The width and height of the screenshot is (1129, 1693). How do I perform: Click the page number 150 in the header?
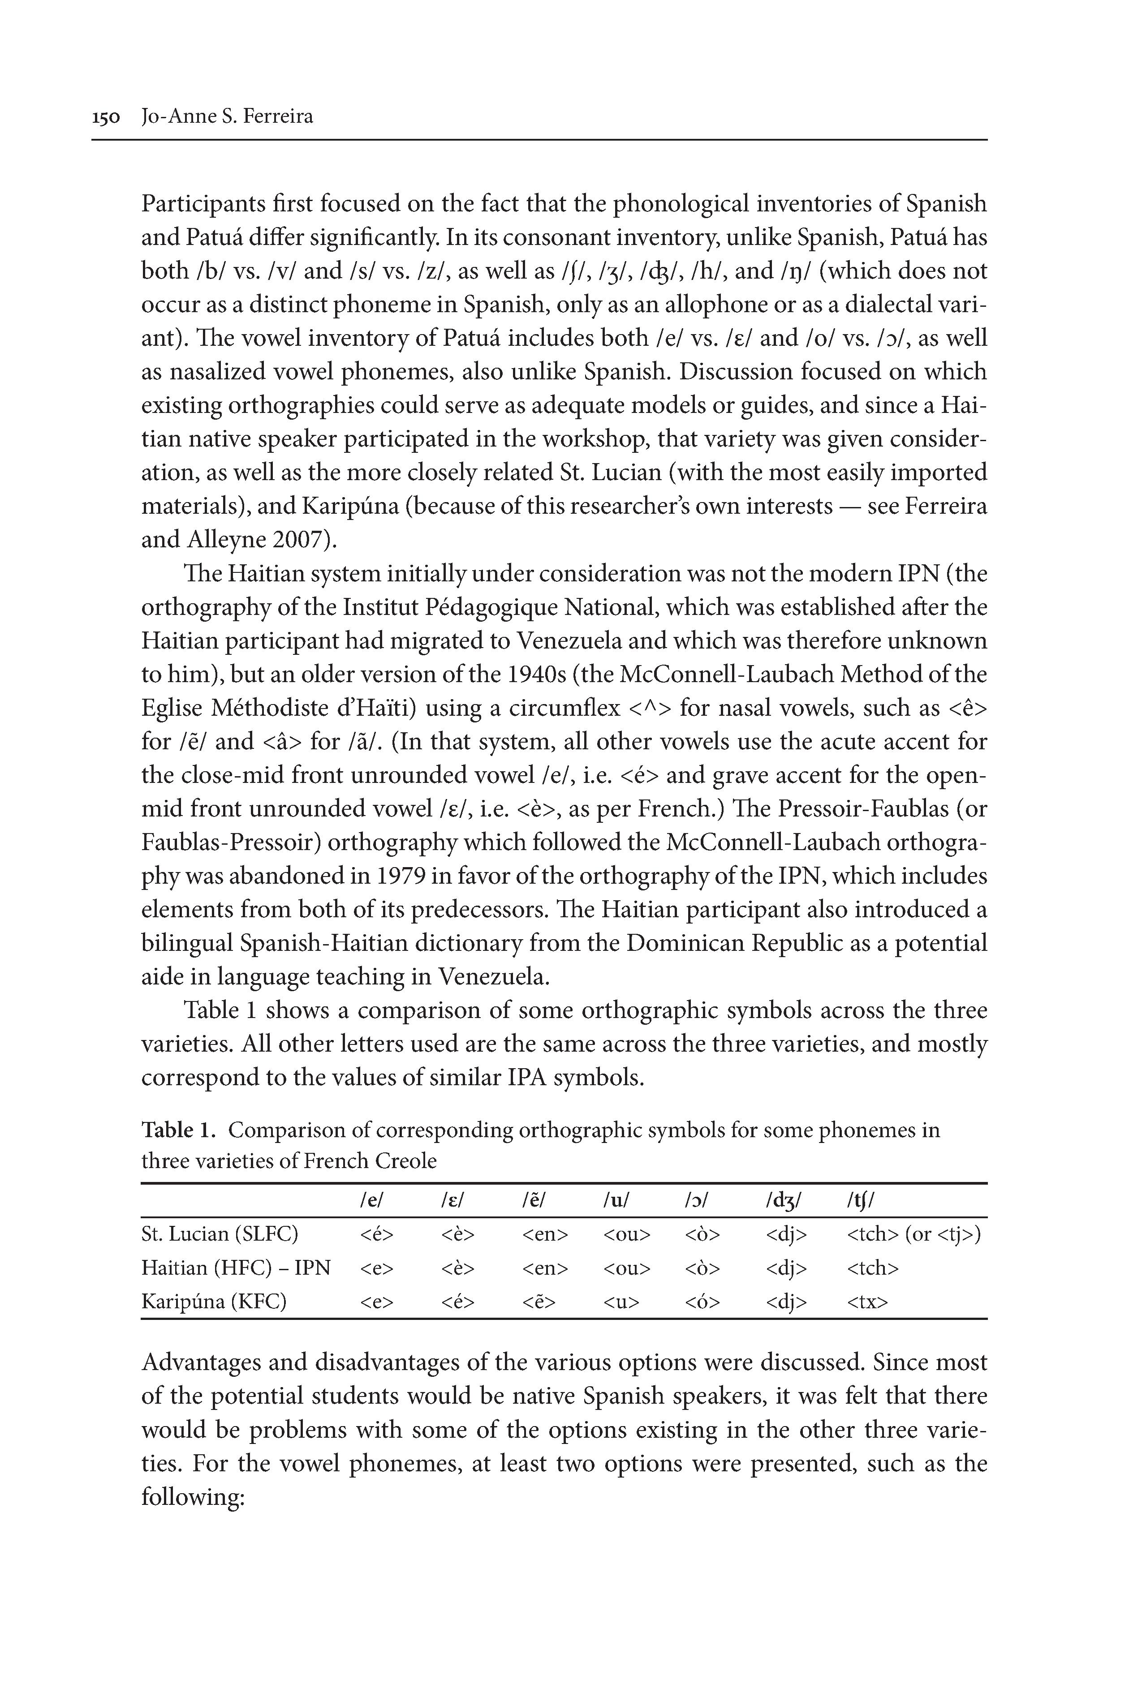[105, 116]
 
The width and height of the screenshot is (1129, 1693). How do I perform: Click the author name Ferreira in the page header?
[277, 116]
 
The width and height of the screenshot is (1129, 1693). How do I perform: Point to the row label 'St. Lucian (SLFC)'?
[220, 1234]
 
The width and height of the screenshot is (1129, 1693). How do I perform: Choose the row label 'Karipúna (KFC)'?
[214, 1302]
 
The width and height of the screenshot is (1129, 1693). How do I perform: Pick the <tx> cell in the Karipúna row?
[868, 1302]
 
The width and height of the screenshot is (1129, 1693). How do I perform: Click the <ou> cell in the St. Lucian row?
[626, 1234]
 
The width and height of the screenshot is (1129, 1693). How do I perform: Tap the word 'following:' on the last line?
[194, 1497]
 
